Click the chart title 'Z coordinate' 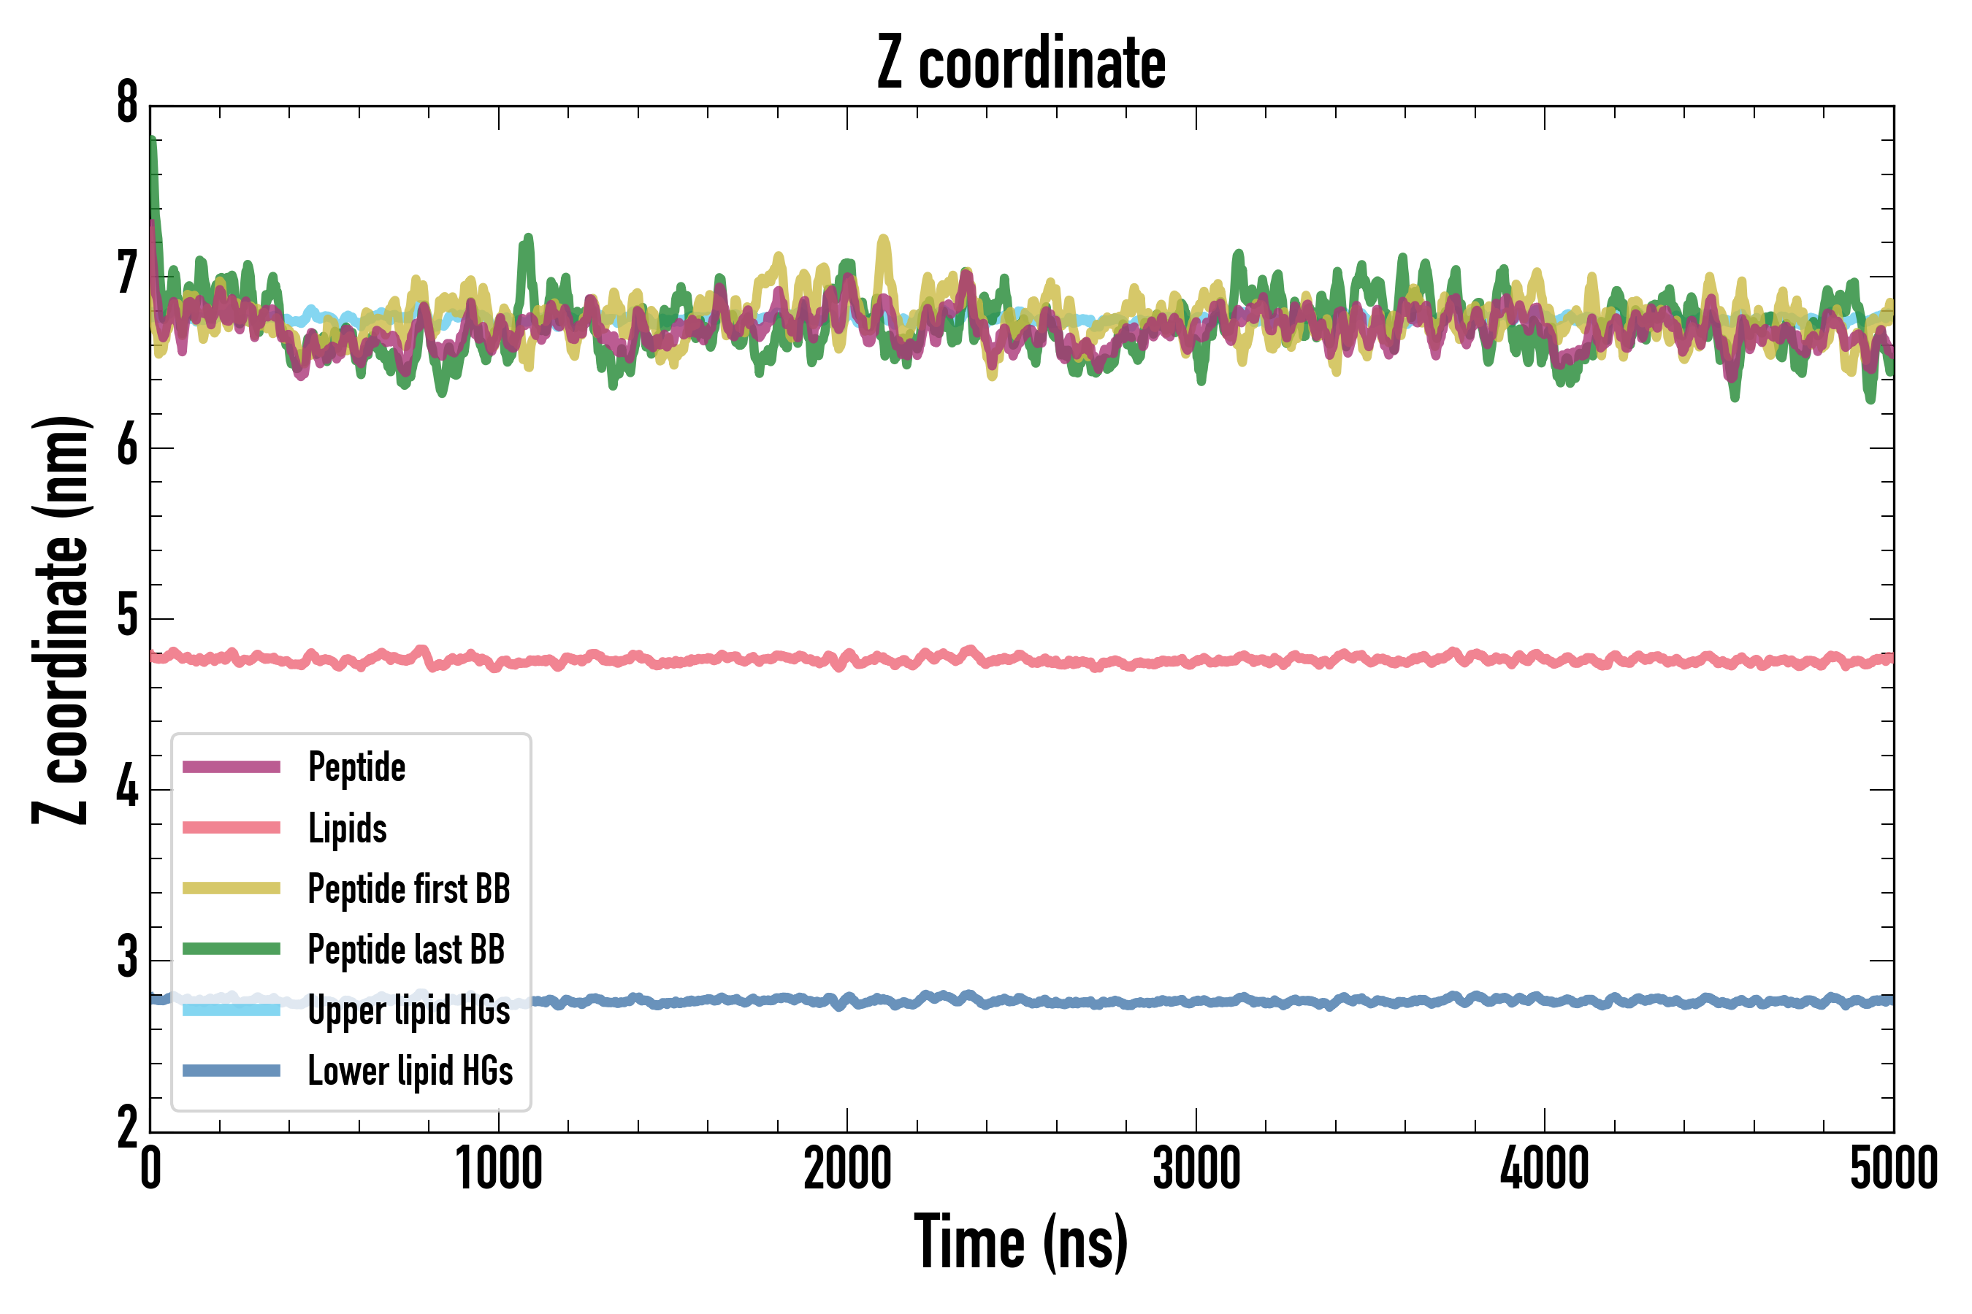point(1020,64)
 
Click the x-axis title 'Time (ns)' point(1020,1242)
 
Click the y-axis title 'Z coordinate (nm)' point(61,620)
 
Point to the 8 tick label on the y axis point(127,104)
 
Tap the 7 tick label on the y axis point(127,275)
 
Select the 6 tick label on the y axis point(127,447)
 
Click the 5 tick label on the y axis point(127,618)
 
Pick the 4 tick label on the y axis point(127,788)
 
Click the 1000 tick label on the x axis point(499,1169)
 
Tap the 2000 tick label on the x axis point(846,1169)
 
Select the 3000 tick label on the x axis point(1196,1169)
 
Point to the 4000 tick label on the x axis point(1545,1169)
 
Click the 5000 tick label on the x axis point(1893,1169)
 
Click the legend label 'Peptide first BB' point(409,889)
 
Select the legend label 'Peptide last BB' point(407,950)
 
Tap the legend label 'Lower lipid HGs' point(410,1071)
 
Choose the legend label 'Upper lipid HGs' point(409,1010)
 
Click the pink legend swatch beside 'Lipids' point(232,828)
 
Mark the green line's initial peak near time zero point(153,141)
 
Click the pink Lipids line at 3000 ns point(1196,661)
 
